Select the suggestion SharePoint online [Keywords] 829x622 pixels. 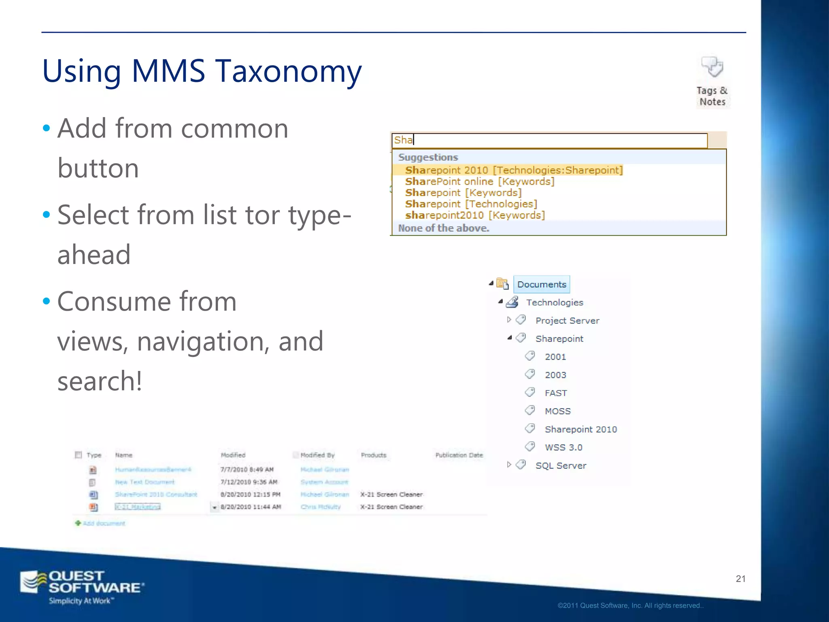(x=480, y=181)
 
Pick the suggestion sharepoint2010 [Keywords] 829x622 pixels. (x=475, y=215)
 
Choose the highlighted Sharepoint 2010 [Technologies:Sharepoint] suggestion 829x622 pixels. (x=514, y=170)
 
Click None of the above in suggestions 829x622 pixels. (x=444, y=228)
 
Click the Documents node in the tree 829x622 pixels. (x=542, y=284)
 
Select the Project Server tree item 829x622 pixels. (x=567, y=321)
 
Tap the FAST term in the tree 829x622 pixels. (x=556, y=393)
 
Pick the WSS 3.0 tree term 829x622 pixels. (x=563, y=447)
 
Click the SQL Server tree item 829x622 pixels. (x=561, y=466)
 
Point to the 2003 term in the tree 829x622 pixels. (x=555, y=375)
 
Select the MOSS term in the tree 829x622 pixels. (x=557, y=411)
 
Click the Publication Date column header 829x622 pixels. (x=459, y=455)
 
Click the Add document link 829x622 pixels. (x=104, y=523)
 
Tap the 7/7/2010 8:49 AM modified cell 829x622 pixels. (x=247, y=470)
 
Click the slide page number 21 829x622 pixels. (x=740, y=579)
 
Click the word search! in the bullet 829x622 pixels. (x=100, y=381)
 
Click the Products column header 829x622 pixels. (x=373, y=455)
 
